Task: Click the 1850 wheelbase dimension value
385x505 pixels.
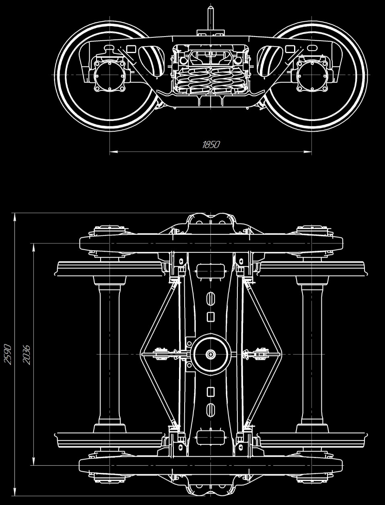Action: (211, 144)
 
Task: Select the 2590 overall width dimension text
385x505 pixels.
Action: (8, 355)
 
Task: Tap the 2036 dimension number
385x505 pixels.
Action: (27, 355)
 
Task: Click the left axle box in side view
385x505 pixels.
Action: (110, 76)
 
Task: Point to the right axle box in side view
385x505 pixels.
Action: (312, 76)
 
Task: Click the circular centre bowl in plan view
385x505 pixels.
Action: (211, 354)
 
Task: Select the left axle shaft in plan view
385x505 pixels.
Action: (110, 354)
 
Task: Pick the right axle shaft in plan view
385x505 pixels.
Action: (312, 354)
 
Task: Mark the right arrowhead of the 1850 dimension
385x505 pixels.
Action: (308, 152)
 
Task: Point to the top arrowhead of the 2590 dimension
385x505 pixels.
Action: (15, 217)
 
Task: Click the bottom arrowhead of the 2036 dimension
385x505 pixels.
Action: (34, 461)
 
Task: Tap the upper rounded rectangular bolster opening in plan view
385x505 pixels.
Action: (210, 271)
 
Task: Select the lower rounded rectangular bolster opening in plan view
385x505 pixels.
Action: (210, 438)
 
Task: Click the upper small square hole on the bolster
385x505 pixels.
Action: (211, 317)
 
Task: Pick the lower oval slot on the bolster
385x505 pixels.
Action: (211, 410)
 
